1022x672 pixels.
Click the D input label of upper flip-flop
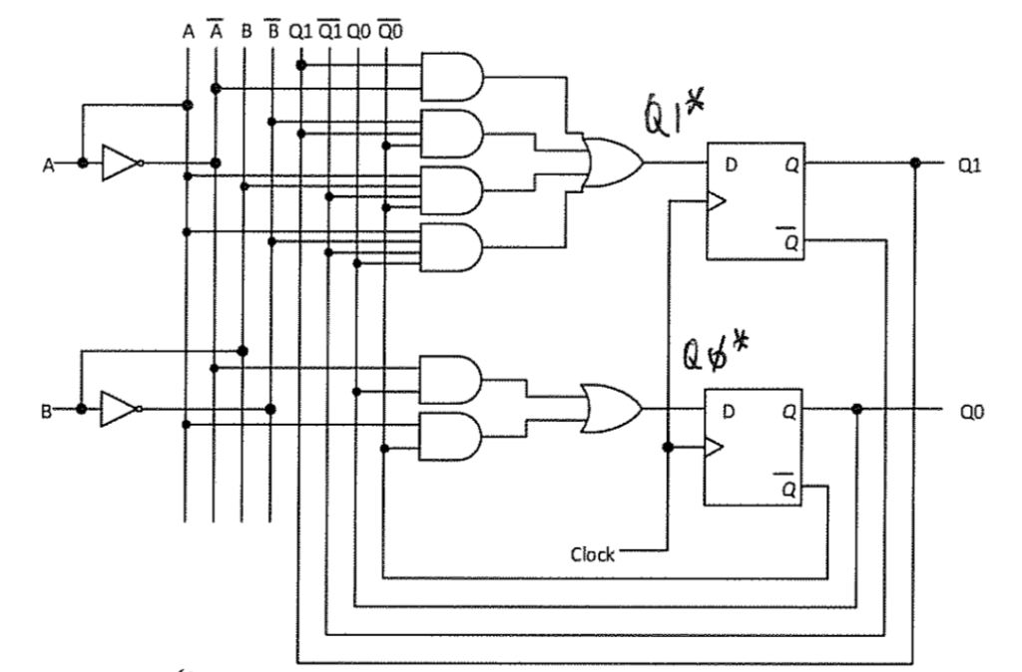tap(731, 164)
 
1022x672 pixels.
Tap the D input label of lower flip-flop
tap(729, 410)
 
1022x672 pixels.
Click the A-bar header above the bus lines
tap(215, 31)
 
